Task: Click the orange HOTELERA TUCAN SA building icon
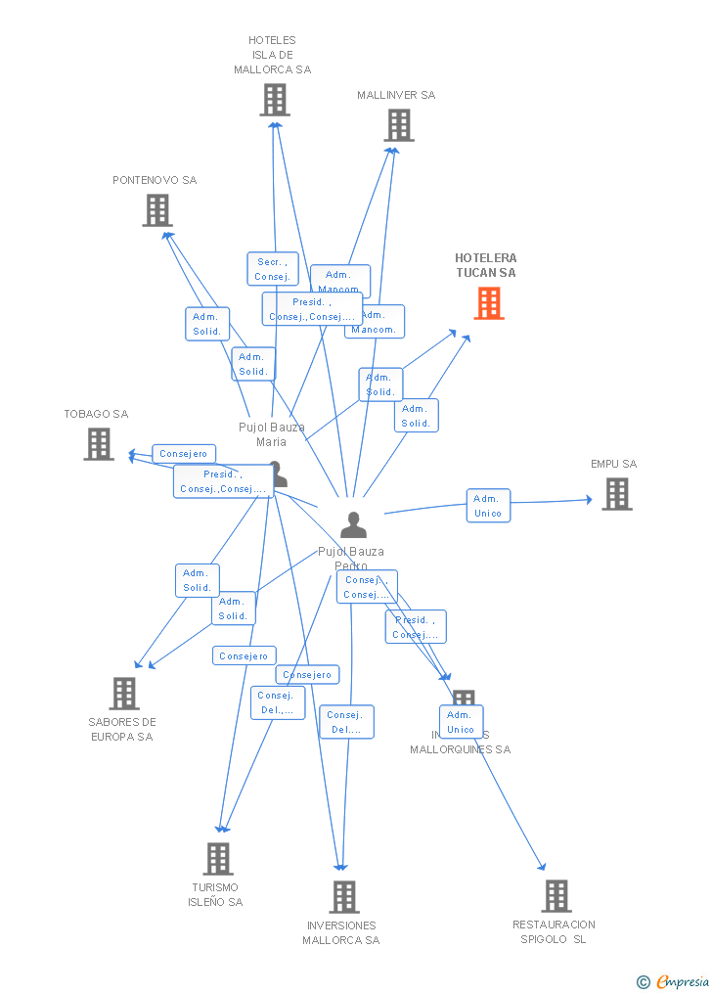coord(489,303)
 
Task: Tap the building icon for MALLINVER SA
coord(399,125)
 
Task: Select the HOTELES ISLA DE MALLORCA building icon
coord(275,100)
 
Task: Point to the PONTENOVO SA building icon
coord(156,210)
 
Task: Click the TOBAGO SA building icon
coord(99,444)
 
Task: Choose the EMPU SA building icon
coord(616,494)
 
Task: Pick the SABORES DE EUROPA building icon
coord(124,694)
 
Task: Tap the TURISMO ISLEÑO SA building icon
coord(217,859)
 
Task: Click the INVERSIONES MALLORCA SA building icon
coord(343,897)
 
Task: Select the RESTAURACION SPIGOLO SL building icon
coord(556,896)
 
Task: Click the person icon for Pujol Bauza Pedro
coord(353,525)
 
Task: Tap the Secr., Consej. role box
coord(272,269)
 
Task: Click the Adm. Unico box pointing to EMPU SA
coord(488,506)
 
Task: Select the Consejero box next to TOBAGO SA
coord(184,454)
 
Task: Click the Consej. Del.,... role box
coord(278,702)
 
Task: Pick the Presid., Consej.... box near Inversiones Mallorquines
coord(416,627)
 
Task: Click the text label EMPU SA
coord(613,464)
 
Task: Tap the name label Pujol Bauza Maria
coord(272,434)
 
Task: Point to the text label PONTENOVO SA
coord(155,180)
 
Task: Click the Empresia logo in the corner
coord(674,981)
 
